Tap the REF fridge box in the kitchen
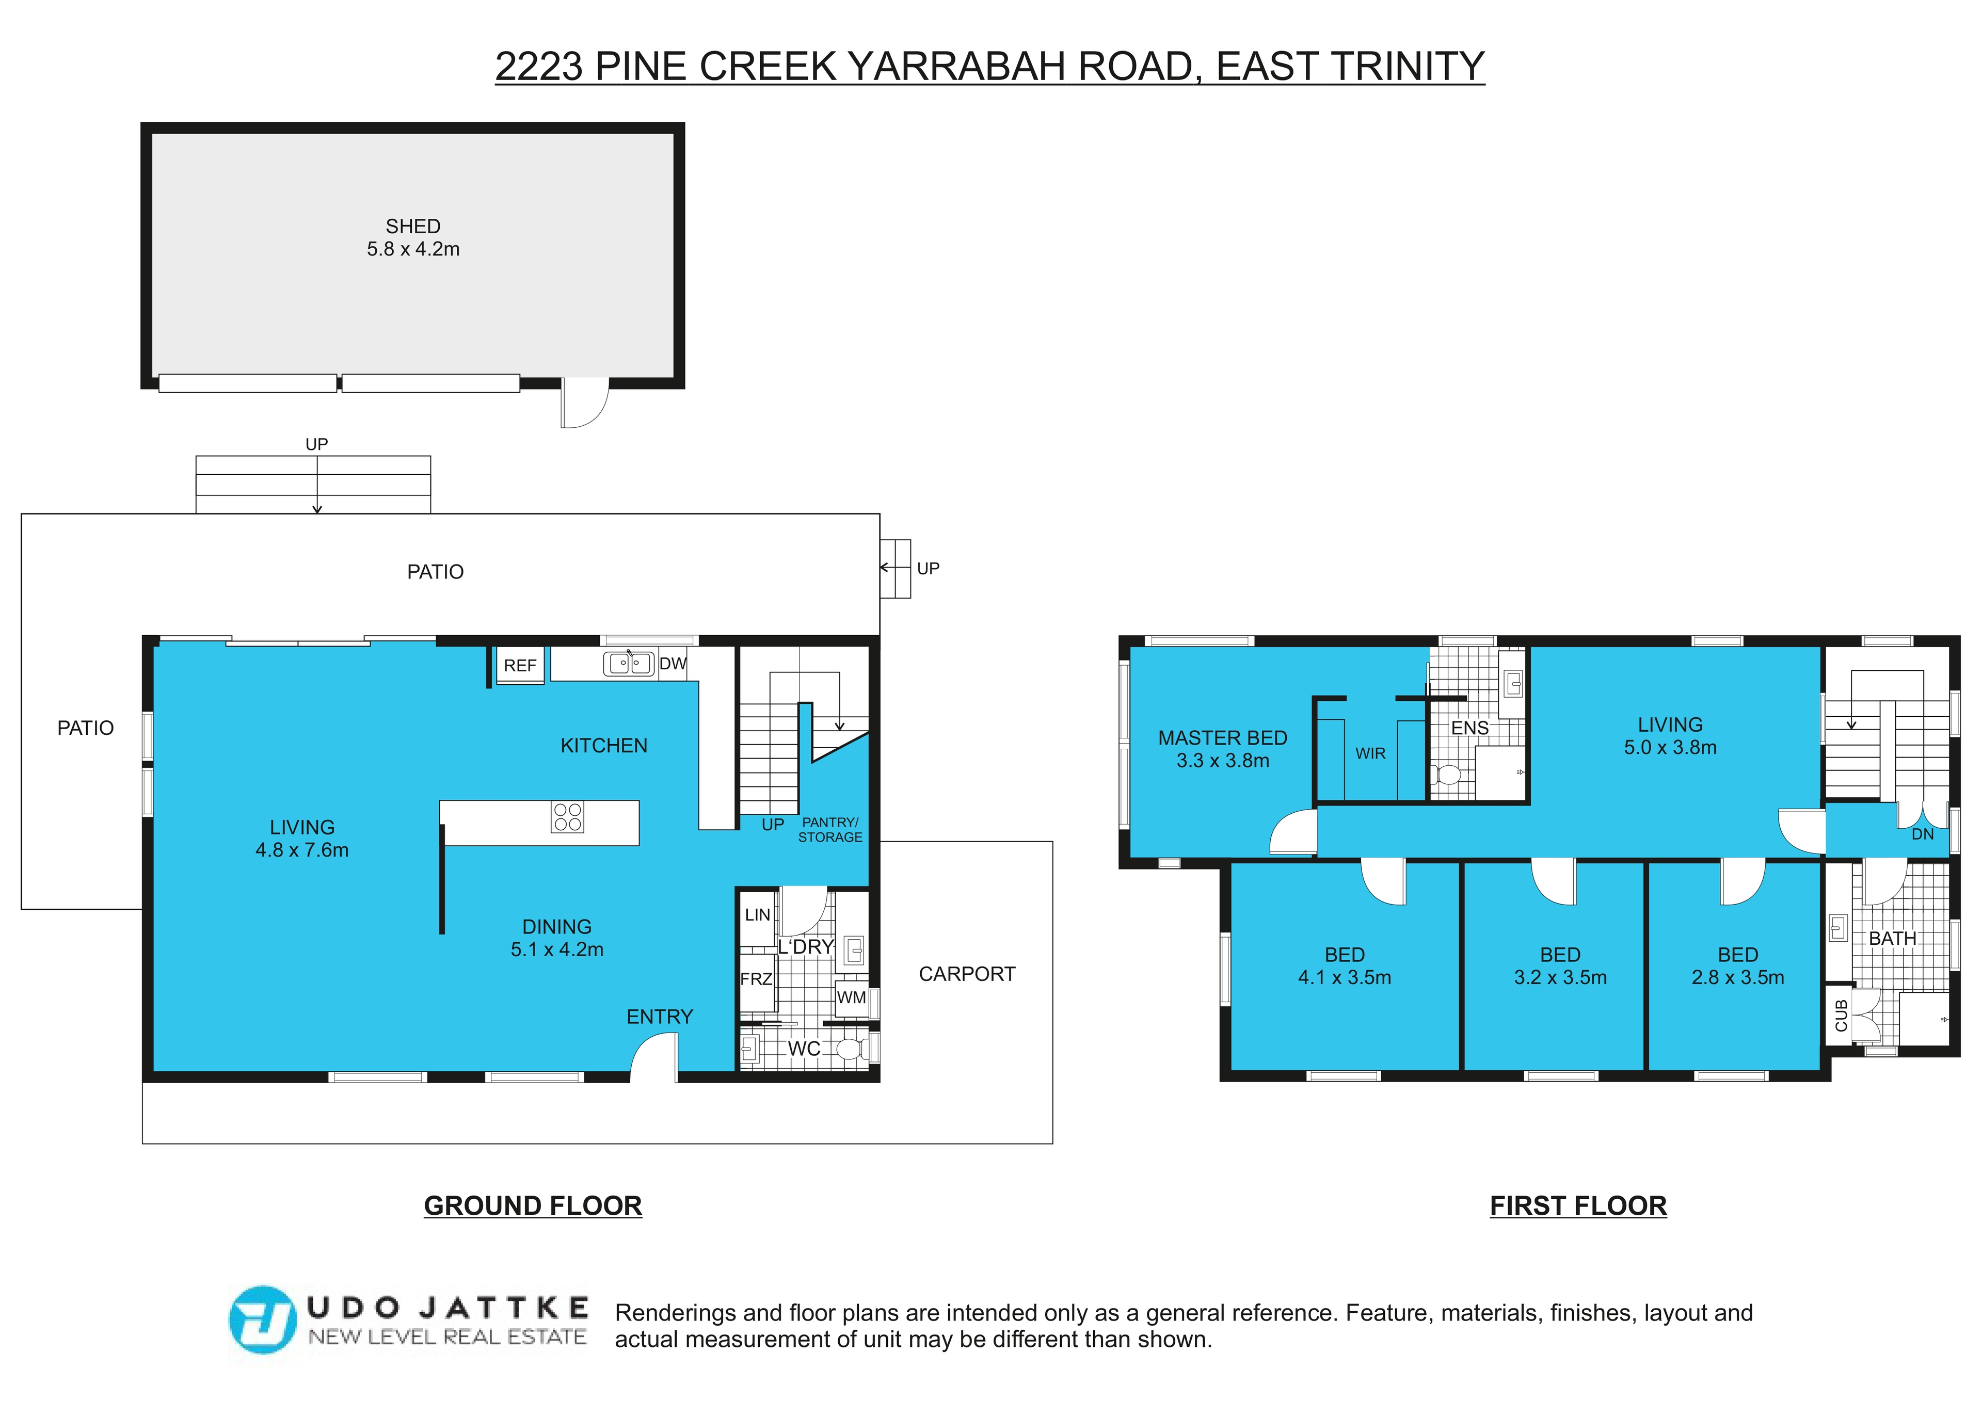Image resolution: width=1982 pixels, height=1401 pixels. point(521,666)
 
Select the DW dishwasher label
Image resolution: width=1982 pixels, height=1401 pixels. point(673,664)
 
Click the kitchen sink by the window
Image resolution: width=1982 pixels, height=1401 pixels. point(629,664)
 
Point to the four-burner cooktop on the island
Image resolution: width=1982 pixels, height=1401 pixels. point(567,816)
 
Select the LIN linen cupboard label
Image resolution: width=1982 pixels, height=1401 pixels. point(757,915)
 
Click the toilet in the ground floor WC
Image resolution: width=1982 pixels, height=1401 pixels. point(852,1049)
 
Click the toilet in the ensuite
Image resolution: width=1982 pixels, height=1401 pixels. point(1446,775)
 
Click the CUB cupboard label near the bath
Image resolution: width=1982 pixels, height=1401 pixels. point(1841,1016)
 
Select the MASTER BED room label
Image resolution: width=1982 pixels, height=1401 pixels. point(1222,738)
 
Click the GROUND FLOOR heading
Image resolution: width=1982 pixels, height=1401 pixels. point(533,1206)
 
